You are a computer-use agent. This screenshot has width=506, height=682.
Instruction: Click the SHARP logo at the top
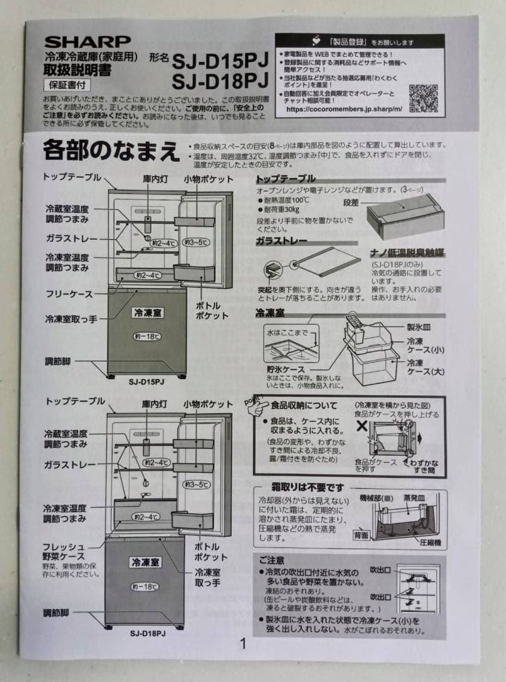click(87, 42)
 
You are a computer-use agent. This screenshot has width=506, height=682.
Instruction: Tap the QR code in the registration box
click(423, 98)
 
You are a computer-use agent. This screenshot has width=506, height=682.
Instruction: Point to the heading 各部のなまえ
click(111, 150)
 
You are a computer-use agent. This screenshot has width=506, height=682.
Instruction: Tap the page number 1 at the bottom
click(243, 644)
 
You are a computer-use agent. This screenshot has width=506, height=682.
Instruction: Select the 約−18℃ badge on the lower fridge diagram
click(145, 587)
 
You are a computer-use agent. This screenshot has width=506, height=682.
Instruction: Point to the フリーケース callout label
click(69, 294)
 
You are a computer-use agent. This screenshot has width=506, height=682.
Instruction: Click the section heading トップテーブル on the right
click(286, 179)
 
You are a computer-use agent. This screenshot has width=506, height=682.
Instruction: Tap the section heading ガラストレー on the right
click(282, 241)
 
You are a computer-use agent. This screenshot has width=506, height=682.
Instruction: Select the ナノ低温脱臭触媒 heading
click(407, 253)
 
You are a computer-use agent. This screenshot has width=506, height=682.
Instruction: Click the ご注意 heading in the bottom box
click(272, 560)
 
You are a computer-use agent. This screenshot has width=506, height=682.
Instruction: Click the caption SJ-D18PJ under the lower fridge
click(147, 633)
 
